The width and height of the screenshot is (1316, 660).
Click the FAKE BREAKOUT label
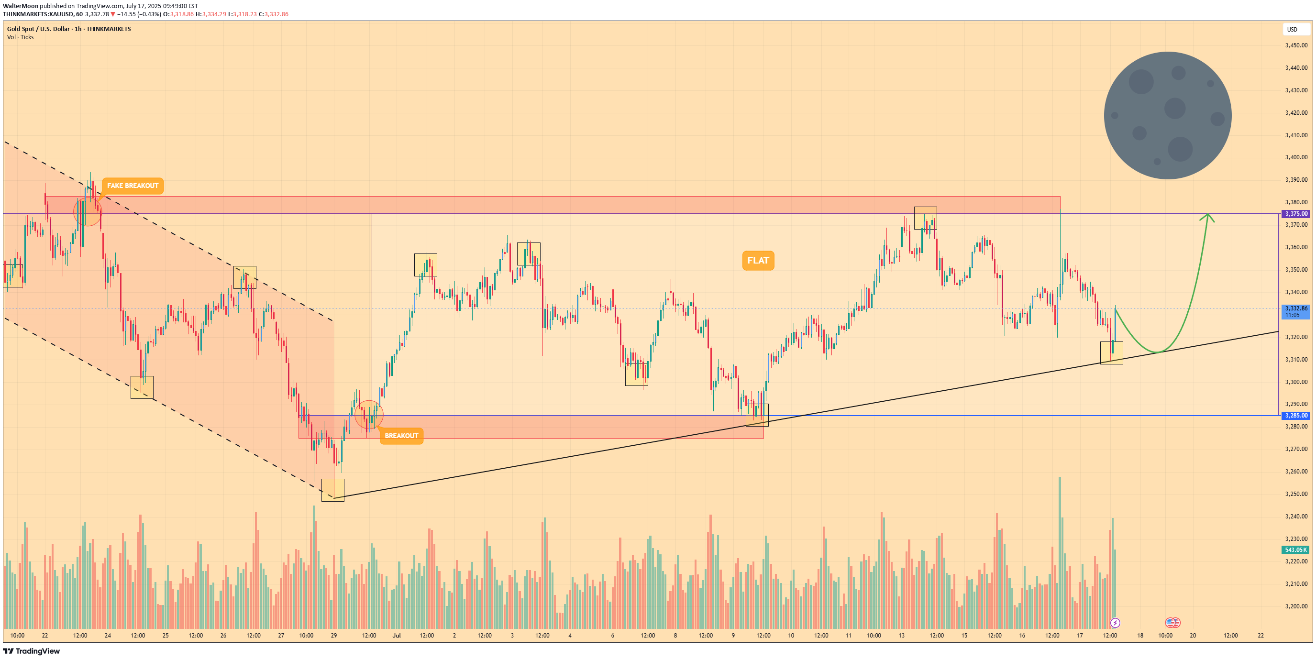133,186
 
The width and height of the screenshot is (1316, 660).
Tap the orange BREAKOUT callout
401,436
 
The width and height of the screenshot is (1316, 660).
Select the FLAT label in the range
758,261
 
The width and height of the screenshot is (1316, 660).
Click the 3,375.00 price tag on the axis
1296,213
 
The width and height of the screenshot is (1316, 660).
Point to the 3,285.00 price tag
1296,415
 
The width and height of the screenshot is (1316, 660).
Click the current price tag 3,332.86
1296,308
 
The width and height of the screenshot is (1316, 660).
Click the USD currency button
1292,30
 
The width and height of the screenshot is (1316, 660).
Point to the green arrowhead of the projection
1208,217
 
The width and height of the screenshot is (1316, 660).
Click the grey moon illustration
1167,115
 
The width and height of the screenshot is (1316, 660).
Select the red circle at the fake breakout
88,211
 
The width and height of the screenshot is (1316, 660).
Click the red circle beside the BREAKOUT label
368,414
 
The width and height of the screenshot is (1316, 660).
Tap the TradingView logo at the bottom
32,651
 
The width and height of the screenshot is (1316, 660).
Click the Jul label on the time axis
397,636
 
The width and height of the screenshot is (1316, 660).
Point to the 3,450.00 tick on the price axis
1296,45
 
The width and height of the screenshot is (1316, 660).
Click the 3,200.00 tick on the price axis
1296,606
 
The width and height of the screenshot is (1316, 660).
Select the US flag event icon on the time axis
1172,623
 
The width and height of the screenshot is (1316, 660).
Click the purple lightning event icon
1115,623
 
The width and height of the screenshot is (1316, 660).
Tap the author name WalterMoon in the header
21,6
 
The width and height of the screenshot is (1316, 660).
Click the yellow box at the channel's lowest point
332,490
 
